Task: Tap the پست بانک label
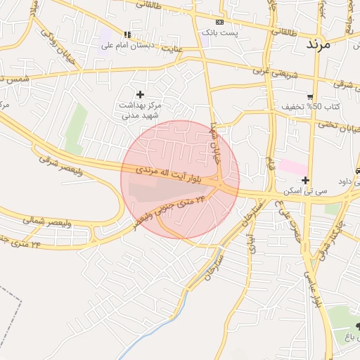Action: point(220,32)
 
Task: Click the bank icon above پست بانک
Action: point(220,22)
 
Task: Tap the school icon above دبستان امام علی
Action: point(127,34)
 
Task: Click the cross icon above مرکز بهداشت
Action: point(140,94)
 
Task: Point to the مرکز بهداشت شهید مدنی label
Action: point(141,110)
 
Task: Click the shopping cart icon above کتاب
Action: point(310,96)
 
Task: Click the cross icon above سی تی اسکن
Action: point(305,180)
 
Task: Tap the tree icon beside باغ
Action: point(350,326)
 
